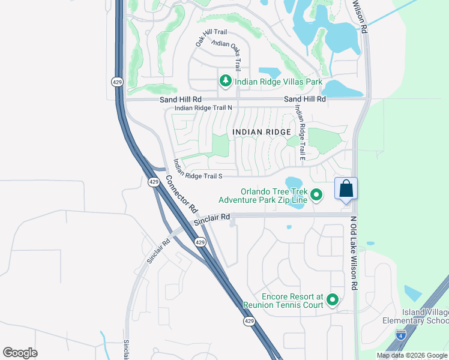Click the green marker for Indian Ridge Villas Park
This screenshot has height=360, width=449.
(226, 81)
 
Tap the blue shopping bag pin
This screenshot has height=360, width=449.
(346, 188)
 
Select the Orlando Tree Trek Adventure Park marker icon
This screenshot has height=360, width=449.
(316, 194)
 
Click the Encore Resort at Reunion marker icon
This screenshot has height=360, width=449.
(332, 300)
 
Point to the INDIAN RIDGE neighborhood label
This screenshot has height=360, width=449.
(261, 131)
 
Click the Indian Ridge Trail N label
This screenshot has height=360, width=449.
(203, 108)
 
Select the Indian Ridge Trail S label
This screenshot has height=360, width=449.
(197, 175)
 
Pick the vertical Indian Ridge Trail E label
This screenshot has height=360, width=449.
(300, 133)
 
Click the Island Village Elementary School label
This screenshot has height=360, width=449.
(415, 316)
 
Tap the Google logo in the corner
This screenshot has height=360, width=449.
(20, 353)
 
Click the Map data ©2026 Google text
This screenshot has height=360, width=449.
(412, 355)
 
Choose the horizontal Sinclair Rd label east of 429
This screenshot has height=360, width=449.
(212, 220)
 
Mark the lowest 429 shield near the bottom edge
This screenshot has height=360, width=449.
(250, 322)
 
